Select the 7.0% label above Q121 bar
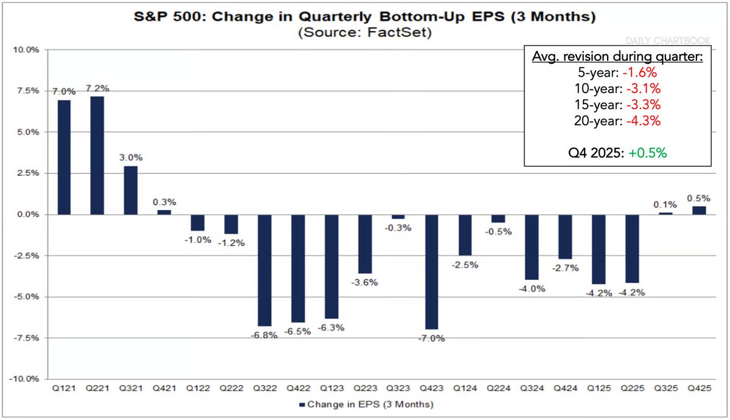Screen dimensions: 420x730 click(64, 92)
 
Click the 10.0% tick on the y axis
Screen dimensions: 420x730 click(25, 49)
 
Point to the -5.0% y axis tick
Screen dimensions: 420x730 click(25, 296)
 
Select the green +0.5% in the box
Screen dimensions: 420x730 click(648, 152)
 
